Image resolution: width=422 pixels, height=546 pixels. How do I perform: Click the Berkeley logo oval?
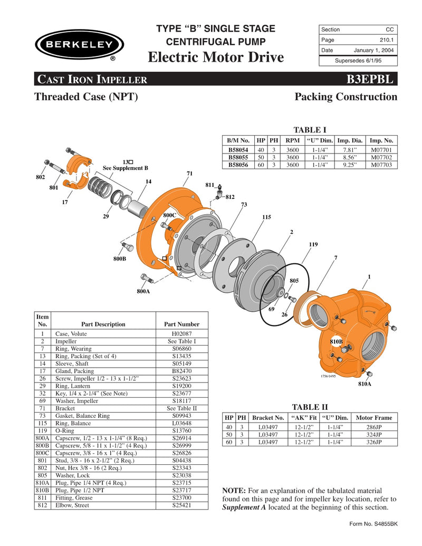[x=77, y=44]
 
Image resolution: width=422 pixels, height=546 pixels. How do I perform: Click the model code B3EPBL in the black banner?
[x=369, y=80]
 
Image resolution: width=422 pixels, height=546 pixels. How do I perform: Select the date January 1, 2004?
[x=374, y=50]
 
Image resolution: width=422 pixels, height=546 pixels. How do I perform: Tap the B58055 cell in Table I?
[x=238, y=157]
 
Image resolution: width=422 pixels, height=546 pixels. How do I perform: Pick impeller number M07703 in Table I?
[x=381, y=165]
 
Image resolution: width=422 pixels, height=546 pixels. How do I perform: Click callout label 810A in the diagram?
[x=365, y=384]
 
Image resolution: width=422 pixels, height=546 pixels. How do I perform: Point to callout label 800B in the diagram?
[x=119, y=258]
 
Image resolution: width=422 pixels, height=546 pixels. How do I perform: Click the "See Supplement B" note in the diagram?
[x=125, y=168]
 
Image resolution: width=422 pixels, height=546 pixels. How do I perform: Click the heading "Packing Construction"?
[x=346, y=97]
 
